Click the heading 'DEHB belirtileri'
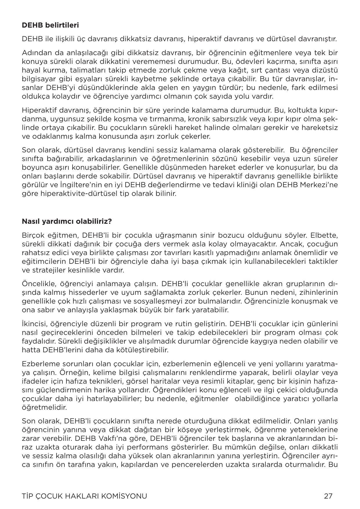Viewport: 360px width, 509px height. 50,25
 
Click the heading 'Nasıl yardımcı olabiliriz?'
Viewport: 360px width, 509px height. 67,221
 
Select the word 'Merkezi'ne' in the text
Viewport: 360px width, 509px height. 322,185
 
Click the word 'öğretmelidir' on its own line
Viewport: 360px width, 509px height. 44,407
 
